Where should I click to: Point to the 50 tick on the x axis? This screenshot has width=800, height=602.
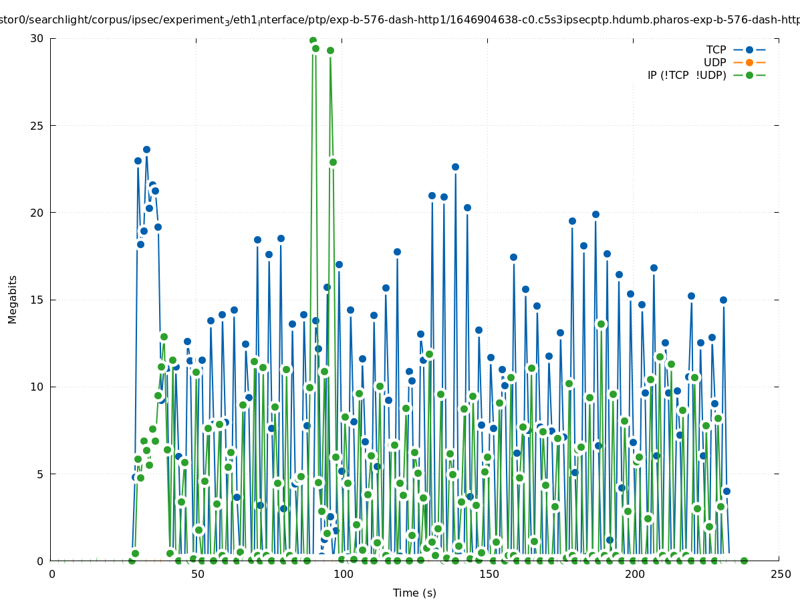pyautogui.click(x=198, y=575)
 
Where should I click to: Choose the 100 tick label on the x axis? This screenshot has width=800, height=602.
pyautogui.click(x=344, y=575)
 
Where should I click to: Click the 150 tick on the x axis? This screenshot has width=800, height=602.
pyautogui.click(x=489, y=575)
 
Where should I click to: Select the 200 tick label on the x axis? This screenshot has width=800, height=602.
pyautogui.click(x=634, y=575)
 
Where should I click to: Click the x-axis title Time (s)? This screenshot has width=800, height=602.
pyautogui.click(x=414, y=593)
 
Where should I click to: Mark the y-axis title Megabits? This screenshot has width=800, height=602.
pyautogui.click(x=13, y=299)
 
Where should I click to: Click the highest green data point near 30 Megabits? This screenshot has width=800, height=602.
pyautogui.click(x=313, y=41)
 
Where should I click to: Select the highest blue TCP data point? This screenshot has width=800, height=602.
pyautogui.click(x=146, y=150)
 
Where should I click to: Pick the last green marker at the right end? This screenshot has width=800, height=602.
pyautogui.click(x=744, y=561)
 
